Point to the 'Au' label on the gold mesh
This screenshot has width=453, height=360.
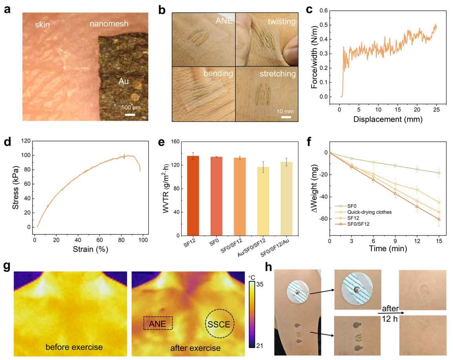(x=124, y=81)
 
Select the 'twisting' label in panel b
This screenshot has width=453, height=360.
(x=282, y=22)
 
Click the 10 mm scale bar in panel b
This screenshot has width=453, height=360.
(x=286, y=117)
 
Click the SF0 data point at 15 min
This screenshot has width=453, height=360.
(x=439, y=173)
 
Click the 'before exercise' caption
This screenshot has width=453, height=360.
(x=74, y=347)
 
